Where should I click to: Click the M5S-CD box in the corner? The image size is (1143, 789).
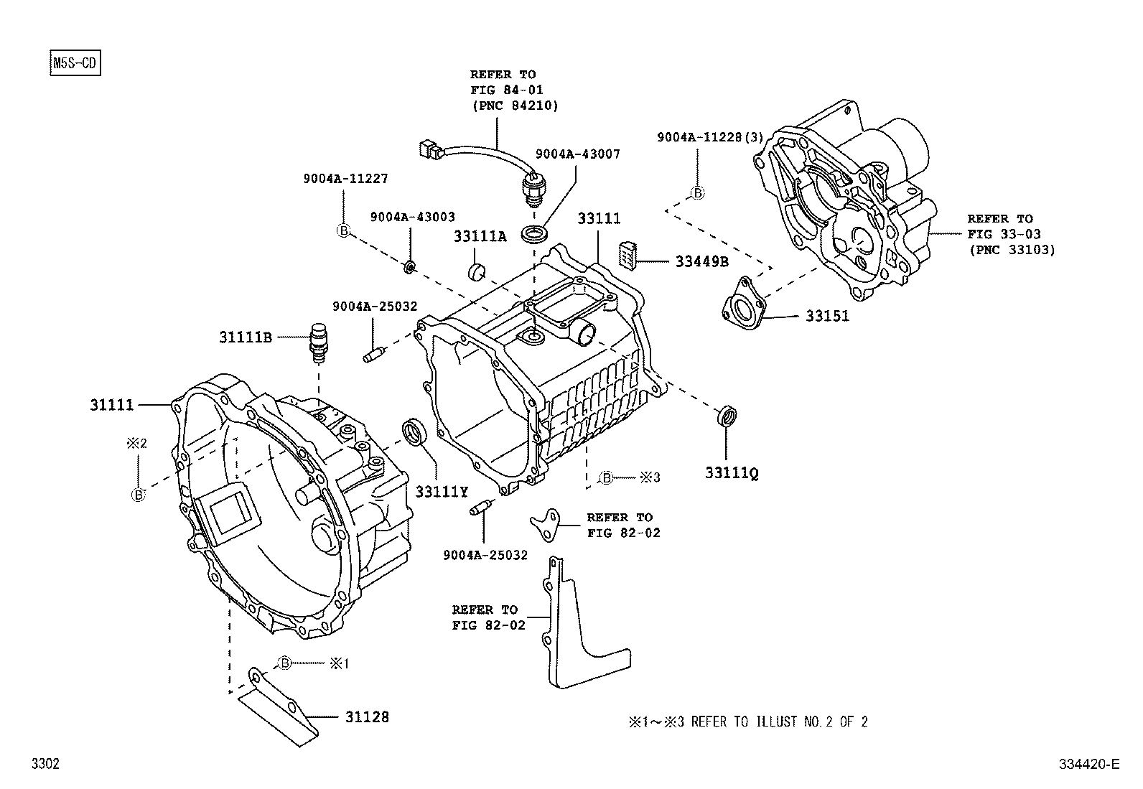[74, 63]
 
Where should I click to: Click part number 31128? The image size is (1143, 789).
[366, 716]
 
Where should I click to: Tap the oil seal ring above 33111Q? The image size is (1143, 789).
[727, 416]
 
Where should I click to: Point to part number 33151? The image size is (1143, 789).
[826, 316]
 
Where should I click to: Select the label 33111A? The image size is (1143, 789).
[480, 236]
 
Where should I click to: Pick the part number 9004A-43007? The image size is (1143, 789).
[577, 154]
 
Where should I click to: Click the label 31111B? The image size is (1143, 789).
[246, 337]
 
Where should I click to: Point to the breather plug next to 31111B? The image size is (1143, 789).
[317, 340]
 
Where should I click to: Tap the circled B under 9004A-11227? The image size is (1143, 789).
[343, 230]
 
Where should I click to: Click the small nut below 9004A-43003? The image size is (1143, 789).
[409, 268]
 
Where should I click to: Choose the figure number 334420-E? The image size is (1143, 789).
[1088, 764]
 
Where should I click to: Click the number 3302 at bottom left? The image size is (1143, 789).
[45, 765]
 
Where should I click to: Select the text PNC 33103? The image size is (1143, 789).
[1012, 250]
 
